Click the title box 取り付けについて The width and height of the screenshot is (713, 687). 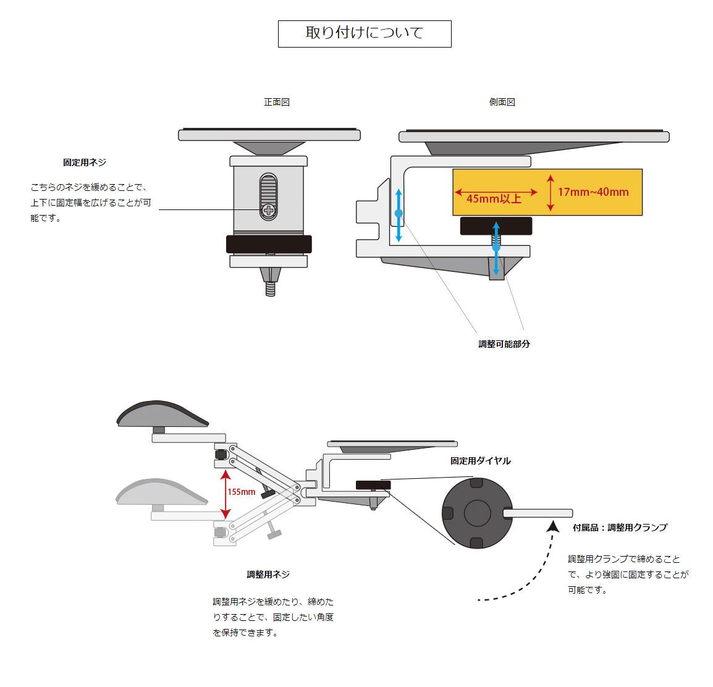click(x=365, y=33)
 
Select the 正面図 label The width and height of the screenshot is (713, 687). click(x=277, y=103)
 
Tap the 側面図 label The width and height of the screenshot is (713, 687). click(x=502, y=103)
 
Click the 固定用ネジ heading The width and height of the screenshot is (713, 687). click(x=85, y=162)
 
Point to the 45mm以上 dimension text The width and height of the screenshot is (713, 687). click(x=494, y=198)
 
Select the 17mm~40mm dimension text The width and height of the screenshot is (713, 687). click(x=593, y=192)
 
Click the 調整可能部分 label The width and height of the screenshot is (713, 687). click(x=504, y=344)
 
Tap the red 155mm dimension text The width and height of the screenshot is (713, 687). click(x=241, y=492)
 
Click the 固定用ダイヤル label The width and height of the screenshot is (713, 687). click(x=481, y=461)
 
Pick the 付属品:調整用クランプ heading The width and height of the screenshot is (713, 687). click(x=620, y=528)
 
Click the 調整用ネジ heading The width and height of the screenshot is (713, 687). click(x=268, y=575)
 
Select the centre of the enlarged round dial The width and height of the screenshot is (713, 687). click(x=477, y=513)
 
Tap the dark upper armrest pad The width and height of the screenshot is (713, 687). click(x=163, y=413)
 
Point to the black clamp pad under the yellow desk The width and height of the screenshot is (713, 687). click(x=496, y=225)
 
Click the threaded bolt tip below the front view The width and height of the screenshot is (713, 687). click(x=270, y=289)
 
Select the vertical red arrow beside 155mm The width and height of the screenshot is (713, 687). click(x=226, y=494)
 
